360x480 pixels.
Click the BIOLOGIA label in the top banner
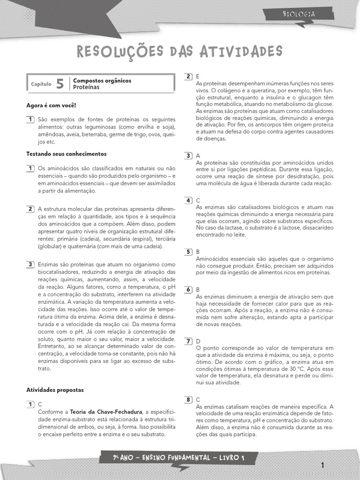[299, 14]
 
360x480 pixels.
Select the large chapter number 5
[60, 84]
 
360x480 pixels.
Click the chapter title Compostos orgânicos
[102, 81]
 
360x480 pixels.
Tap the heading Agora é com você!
[51, 106]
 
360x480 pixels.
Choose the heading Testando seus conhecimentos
[66, 154]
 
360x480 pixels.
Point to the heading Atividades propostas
[55, 390]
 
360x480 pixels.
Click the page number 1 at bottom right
[322, 465]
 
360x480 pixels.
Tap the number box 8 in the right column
[188, 399]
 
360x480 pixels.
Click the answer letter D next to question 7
[198, 341]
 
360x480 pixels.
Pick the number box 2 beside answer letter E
[188, 76]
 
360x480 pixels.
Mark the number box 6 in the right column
[188, 289]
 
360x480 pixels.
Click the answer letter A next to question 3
[198, 155]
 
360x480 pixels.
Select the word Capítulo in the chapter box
[41, 84]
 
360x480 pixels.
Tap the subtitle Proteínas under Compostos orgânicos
[86, 87]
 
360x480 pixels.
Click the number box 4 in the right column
[188, 200]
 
